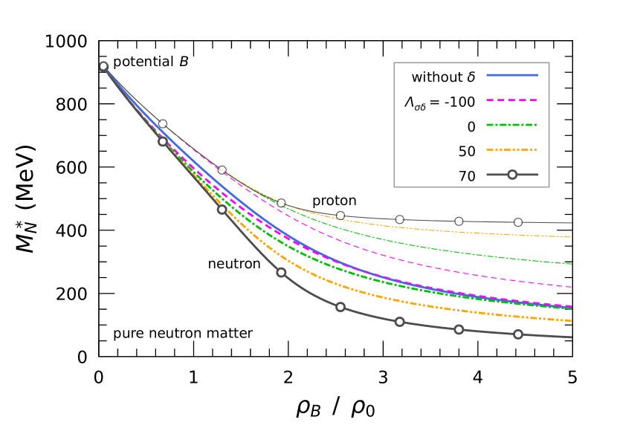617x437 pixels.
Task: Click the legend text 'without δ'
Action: pos(443,77)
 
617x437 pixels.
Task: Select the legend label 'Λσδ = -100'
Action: pos(439,103)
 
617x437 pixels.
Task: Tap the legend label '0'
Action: pos(471,127)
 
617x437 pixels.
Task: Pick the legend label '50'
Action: pos(467,152)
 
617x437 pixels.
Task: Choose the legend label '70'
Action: pos(467,176)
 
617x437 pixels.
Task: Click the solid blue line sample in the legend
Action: pos(512,75)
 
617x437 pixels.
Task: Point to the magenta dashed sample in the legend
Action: pos(512,100)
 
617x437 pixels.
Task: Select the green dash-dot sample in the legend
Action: pos(512,125)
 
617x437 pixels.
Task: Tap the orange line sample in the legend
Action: pos(512,149)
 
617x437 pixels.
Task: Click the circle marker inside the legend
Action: pos(512,175)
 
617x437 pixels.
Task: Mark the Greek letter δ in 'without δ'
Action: pos(471,77)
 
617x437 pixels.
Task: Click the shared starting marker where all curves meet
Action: pos(103,66)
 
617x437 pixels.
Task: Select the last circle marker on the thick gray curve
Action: pos(518,334)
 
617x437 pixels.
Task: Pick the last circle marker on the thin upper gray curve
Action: pos(518,222)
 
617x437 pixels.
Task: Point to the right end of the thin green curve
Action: pos(571,264)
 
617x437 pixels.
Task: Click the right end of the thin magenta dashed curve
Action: pos(571,287)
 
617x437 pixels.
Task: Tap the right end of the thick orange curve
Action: pos(571,321)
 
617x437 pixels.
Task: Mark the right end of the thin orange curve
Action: pos(571,237)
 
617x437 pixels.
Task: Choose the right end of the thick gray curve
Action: pos(571,337)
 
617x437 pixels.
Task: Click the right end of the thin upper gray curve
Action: pos(571,223)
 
